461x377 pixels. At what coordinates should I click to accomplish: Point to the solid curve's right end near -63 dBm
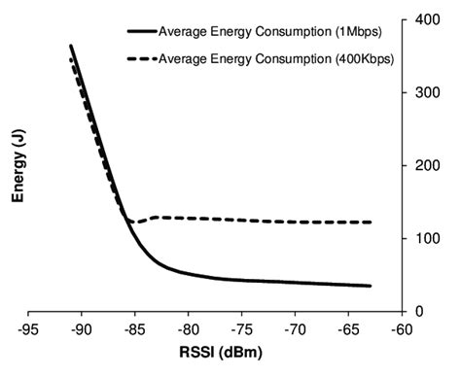click(x=371, y=286)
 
